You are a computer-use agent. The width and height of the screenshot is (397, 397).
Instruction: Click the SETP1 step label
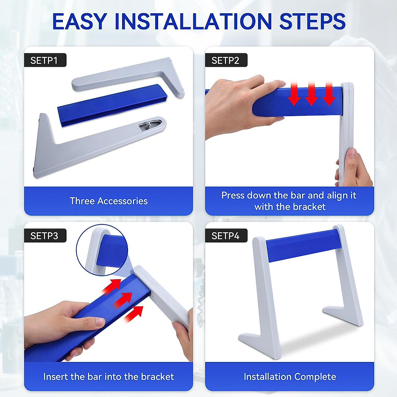44,60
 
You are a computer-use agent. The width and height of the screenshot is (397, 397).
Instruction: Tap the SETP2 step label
226,60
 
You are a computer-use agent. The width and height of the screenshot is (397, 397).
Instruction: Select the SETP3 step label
44,236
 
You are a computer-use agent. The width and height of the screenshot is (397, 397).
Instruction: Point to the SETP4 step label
226,236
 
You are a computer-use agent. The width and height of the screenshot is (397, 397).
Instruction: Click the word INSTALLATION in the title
193,22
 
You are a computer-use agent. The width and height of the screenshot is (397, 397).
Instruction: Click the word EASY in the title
79,22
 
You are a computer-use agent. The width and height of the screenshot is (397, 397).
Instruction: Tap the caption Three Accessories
109,201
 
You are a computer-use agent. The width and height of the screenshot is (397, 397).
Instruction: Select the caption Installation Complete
289,376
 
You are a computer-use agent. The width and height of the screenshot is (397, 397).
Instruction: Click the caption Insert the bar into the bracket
109,376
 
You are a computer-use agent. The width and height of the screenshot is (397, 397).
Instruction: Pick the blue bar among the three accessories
112,104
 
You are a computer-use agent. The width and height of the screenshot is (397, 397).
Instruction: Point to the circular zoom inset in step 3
102,250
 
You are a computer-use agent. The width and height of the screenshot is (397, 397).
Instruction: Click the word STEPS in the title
312,22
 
